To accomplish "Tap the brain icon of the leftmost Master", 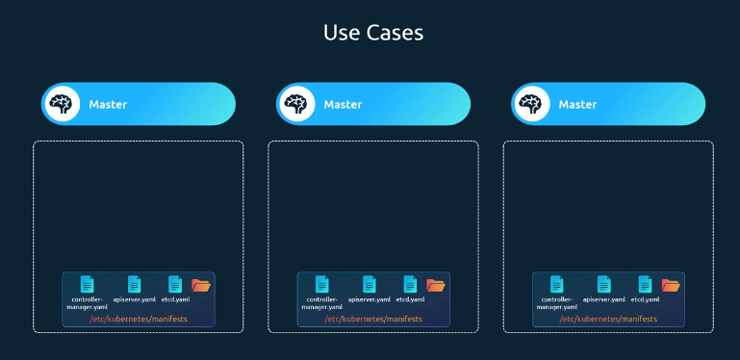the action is (62, 104).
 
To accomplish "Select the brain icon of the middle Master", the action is (296, 104).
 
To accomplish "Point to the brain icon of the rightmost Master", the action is (531, 104).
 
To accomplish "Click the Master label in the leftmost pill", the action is (108, 104).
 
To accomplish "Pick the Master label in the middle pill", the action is (343, 104).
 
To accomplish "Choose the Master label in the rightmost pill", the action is (577, 104).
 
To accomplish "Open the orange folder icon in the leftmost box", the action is (201, 285).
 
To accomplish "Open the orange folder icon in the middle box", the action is (436, 285).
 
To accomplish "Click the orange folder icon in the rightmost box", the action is (671, 285).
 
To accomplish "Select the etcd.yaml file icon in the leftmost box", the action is (175, 284).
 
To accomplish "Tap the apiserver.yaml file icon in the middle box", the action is (370, 284).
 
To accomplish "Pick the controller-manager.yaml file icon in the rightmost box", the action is (557, 284).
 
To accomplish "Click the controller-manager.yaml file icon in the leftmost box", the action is (88, 284).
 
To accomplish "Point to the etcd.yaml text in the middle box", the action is (410, 299).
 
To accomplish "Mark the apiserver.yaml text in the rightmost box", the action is (604, 299).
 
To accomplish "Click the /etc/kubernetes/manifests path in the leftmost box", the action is (139, 319).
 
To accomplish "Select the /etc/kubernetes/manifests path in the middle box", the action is (373, 319).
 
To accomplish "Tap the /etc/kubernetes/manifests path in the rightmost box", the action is (608, 319).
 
